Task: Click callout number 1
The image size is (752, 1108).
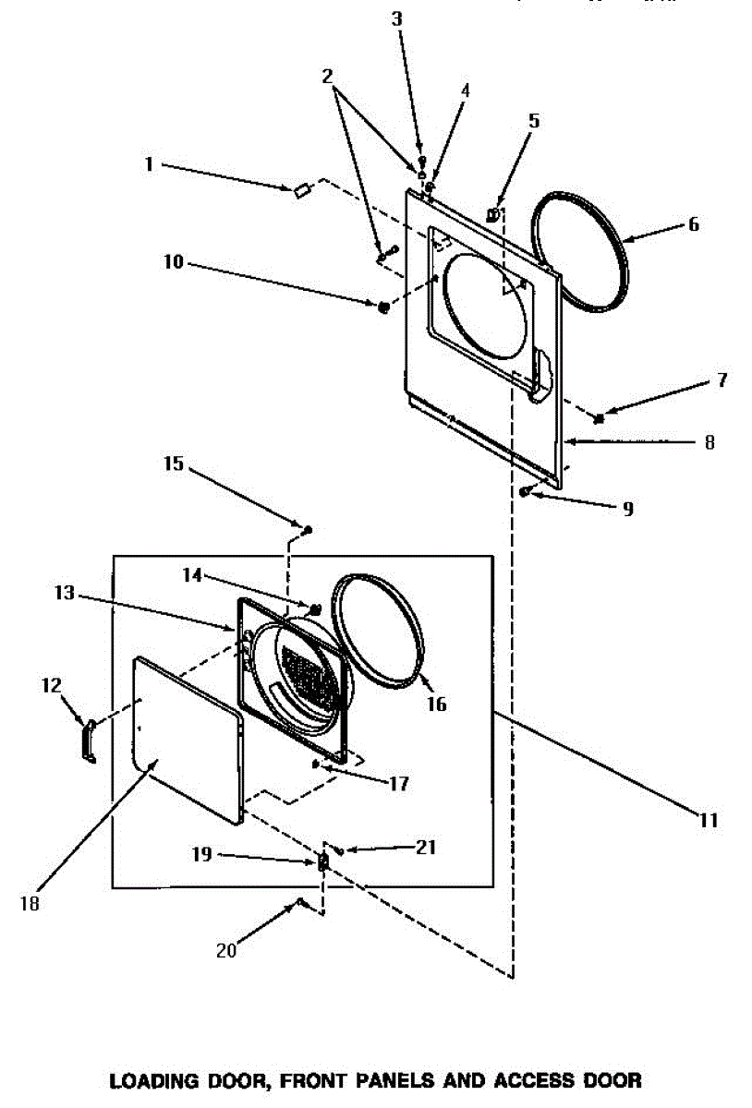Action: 148,165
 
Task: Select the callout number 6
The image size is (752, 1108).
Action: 693,224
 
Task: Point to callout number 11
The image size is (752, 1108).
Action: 708,819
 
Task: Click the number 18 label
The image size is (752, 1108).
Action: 30,904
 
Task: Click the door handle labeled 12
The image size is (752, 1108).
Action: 88,743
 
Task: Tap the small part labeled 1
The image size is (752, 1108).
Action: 299,190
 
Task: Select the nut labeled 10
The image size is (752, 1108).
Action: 382,306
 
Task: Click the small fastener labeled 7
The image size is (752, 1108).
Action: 600,419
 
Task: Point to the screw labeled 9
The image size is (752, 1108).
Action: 524,492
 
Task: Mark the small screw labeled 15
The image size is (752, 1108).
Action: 308,530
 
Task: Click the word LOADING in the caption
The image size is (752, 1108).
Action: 152,1079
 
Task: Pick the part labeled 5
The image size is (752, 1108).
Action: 493,214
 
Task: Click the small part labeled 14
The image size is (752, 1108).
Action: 315,609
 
